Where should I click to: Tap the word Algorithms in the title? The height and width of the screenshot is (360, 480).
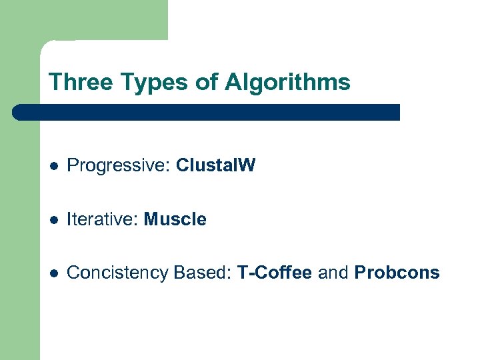pyautogui.click(x=287, y=82)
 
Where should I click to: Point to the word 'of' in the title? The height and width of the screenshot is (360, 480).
pyautogui.click(x=209, y=82)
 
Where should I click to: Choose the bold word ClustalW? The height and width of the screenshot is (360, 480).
pyautogui.click(x=215, y=165)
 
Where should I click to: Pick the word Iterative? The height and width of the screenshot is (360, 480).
pyautogui.click(x=103, y=219)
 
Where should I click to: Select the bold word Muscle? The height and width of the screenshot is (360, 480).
pyautogui.click(x=175, y=219)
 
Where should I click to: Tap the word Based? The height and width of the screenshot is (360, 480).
pyautogui.click(x=199, y=273)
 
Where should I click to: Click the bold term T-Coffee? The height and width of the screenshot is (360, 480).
pyautogui.click(x=275, y=273)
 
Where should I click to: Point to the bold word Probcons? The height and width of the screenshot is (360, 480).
pyautogui.click(x=397, y=273)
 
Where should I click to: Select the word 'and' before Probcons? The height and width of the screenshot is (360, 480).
pyautogui.click(x=333, y=273)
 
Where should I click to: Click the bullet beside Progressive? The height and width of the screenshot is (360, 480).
pyautogui.click(x=53, y=166)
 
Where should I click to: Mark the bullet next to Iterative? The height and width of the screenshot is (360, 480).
pyautogui.click(x=53, y=219)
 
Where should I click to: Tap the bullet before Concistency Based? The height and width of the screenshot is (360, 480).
pyautogui.click(x=53, y=273)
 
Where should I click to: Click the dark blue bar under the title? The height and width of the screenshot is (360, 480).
pyautogui.click(x=207, y=112)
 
